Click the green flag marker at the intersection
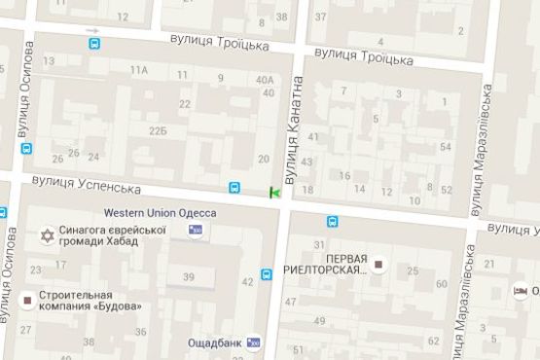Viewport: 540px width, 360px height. pos(275,193)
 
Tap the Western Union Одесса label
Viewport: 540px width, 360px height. pos(160,213)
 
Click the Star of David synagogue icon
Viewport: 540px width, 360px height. pos(44,235)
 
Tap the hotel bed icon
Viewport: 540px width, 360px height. pos(521,291)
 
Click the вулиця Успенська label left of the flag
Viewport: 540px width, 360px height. pos(87,184)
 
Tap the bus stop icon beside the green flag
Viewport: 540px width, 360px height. pos(235,188)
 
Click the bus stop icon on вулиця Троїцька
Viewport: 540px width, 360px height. pos(94,43)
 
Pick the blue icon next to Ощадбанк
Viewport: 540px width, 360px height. pos(255,342)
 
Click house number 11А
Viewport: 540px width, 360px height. pos(139,70)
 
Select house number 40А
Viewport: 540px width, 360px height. pos(263,80)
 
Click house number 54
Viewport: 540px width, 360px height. pos(446,147)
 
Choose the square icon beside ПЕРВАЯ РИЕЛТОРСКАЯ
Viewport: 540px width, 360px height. pos(378,263)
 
